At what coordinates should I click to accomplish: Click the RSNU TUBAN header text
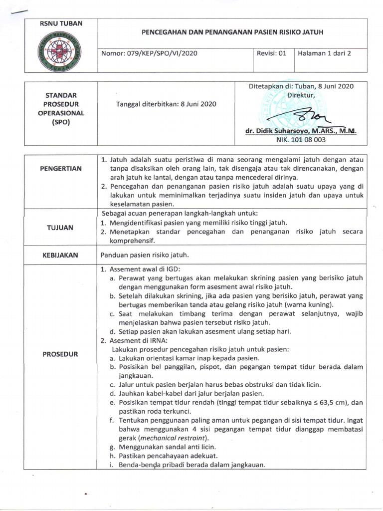point(61,23)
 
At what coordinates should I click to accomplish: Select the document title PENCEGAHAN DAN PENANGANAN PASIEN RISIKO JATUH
point(233,31)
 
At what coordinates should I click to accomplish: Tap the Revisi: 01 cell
point(272,53)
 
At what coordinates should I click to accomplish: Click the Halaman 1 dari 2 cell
point(324,53)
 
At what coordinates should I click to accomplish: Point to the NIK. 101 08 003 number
point(301,140)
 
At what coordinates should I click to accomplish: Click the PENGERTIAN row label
point(61,169)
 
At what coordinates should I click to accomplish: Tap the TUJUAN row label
point(61,228)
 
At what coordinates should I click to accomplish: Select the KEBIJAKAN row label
point(61,255)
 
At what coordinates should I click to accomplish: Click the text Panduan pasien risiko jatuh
point(145,255)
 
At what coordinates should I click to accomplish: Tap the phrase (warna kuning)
point(304,304)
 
